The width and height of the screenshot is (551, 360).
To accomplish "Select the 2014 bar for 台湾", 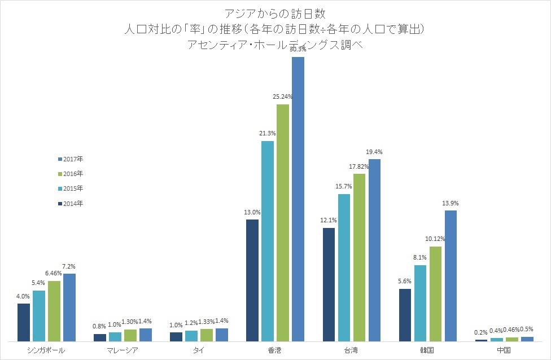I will tap(329, 284).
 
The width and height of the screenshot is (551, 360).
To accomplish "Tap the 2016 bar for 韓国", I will tap(435, 293).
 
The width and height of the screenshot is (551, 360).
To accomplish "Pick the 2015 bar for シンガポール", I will tap(39, 315).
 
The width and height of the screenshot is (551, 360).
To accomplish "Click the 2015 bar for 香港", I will tap(267, 241).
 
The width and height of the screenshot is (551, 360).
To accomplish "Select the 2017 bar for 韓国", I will tap(451, 275).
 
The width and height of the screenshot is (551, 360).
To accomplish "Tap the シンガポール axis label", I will tap(46, 350).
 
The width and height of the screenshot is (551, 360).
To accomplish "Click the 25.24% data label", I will tap(282, 97).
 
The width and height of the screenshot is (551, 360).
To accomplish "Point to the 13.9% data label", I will tap(451, 203).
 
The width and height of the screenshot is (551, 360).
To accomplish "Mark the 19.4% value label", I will tap(374, 152).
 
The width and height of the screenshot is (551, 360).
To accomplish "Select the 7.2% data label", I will tap(69, 266).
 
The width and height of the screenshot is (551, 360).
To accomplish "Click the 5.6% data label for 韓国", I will tap(405, 282).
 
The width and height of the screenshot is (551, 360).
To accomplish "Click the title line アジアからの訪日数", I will tap(275, 13).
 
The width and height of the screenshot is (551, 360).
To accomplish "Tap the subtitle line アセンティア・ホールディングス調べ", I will tap(275, 46).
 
